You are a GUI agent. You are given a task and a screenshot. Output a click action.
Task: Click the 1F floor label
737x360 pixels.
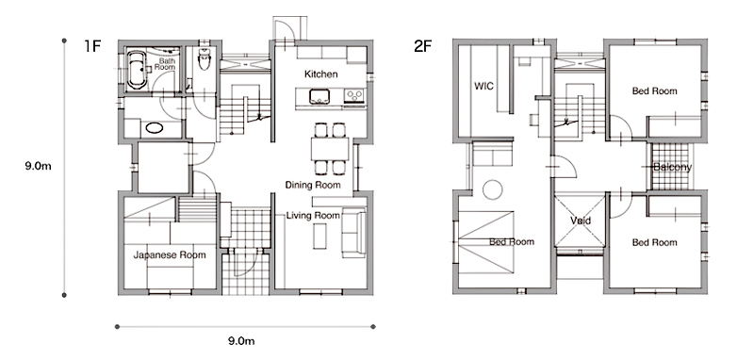point(92,46)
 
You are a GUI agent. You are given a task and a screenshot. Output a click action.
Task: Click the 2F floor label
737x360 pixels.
point(422,46)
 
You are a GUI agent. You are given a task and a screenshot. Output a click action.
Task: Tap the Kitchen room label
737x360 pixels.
point(321,74)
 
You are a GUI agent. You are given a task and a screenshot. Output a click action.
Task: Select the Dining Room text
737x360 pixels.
point(313,185)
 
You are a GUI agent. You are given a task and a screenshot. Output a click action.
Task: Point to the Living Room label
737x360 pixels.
point(313,216)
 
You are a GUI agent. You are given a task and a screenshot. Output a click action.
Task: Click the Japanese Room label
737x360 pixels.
point(170,255)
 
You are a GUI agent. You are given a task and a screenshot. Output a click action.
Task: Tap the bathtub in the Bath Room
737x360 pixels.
point(137,70)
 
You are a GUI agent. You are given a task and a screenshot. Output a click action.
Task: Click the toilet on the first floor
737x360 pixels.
point(205,58)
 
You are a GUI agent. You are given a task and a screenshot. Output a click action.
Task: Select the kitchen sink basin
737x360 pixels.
point(319,96)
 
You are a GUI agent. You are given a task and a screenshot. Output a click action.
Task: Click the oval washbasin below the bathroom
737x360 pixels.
point(155,128)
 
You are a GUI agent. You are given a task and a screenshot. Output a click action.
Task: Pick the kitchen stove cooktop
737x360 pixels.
point(354,96)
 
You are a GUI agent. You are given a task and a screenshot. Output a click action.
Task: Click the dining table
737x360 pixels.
point(330,149)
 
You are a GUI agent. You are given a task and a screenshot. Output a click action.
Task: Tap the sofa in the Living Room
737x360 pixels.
point(354,232)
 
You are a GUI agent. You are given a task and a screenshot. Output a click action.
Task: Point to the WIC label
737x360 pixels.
point(483,87)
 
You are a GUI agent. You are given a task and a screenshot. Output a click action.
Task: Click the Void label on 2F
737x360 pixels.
point(581,221)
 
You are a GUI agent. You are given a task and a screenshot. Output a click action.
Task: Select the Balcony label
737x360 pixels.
point(673,167)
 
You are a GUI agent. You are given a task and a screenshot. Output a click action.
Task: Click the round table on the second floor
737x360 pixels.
point(493,189)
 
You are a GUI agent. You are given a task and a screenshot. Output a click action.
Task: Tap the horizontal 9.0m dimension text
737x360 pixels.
point(241,341)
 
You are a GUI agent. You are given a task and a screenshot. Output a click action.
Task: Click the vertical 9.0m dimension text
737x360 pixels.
point(38,166)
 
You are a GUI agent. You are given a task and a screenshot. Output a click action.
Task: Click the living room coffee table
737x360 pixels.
point(320,237)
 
